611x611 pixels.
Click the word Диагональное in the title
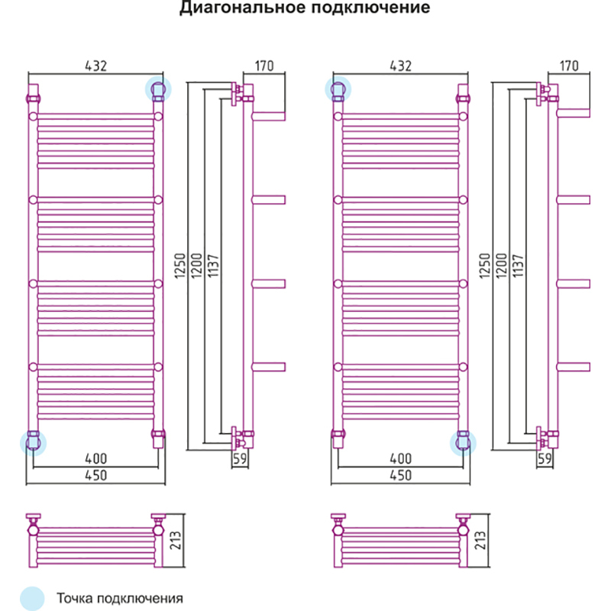pos(227,9)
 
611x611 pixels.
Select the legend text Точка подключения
pos(120,598)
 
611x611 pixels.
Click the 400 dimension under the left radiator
pos(95,458)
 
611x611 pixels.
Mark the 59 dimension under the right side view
pos(545,459)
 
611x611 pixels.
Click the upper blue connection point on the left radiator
pos(158,90)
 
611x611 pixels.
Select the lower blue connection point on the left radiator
pos(33,441)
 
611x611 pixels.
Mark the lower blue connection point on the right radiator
pos(463,441)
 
